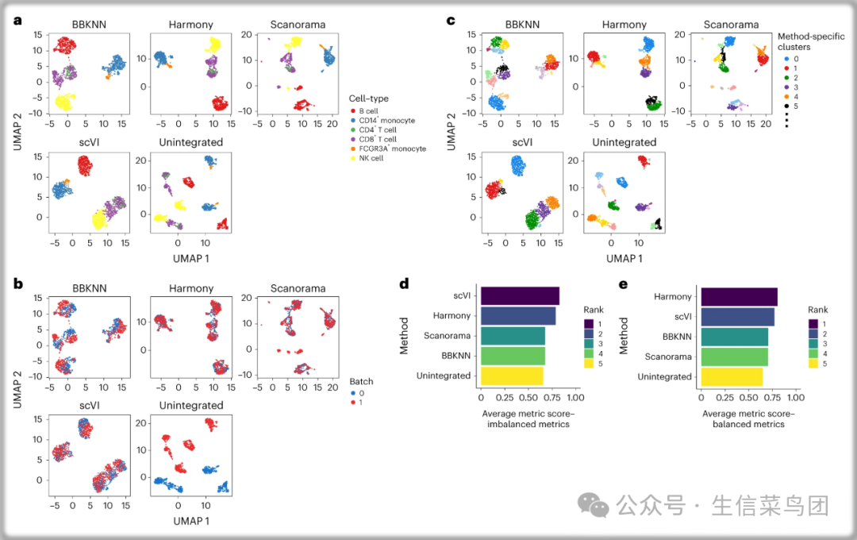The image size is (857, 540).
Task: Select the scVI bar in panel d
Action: coord(520,296)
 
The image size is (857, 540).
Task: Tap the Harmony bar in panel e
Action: coord(739,296)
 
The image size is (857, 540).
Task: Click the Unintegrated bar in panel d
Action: coord(512,376)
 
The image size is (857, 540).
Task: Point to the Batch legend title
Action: coord(361,381)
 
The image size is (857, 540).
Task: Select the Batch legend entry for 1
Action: coord(357,402)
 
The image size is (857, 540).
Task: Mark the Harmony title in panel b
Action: coord(191,288)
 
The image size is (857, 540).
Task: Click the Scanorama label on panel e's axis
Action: coord(669,357)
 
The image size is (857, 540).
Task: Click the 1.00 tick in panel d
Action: coord(575,397)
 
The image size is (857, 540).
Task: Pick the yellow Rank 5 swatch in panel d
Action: coord(590,363)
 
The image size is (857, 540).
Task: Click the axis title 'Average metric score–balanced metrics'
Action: coord(748,418)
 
